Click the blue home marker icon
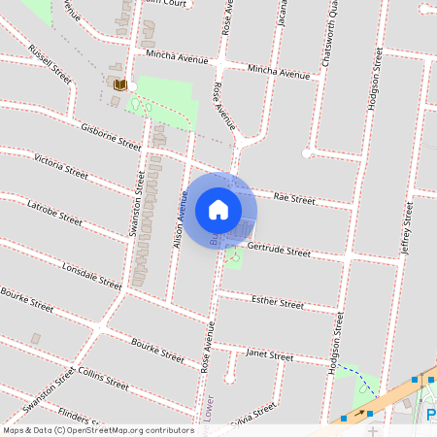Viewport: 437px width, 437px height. (218, 209)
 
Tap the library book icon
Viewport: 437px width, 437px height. (120, 85)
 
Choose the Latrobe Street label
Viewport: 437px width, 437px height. (54, 213)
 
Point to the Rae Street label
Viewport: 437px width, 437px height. (294, 198)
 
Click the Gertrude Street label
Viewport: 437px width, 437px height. (279, 252)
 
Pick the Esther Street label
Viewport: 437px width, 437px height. (278, 303)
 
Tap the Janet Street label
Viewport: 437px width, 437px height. (269, 355)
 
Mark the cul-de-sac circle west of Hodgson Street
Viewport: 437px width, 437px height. (307, 153)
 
